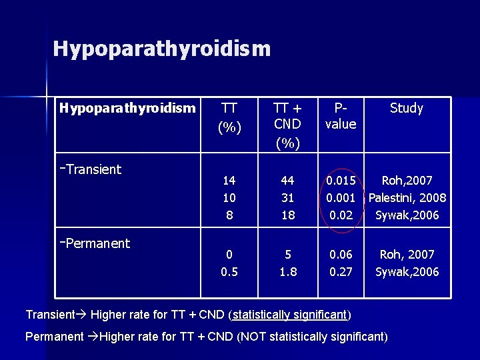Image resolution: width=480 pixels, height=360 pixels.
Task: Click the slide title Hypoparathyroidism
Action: point(162,49)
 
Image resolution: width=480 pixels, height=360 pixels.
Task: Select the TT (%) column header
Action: point(229,117)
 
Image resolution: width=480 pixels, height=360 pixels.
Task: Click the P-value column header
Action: point(340,116)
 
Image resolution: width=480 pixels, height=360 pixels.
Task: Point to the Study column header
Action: point(406,108)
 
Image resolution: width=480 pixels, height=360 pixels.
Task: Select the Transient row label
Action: point(91,169)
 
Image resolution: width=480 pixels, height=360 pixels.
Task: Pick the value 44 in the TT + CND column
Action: point(287,181)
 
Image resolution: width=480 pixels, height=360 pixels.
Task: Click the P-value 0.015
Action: point(340,181)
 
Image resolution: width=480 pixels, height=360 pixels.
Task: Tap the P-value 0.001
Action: point(340,198)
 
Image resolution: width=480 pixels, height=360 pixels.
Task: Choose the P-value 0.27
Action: point(340,272)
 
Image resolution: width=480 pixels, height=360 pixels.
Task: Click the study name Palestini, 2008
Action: point(407,198)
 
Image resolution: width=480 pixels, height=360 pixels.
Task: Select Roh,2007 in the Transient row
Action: point(407,181)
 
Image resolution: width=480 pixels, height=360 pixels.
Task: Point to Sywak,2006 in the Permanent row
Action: point(407,272)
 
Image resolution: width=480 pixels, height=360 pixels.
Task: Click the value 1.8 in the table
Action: point(287,272)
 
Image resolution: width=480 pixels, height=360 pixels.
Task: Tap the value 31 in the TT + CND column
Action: point(287,198)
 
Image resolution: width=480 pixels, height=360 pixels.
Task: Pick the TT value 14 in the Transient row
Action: point(229,181)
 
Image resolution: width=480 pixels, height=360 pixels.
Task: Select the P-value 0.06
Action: point(340,255)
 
